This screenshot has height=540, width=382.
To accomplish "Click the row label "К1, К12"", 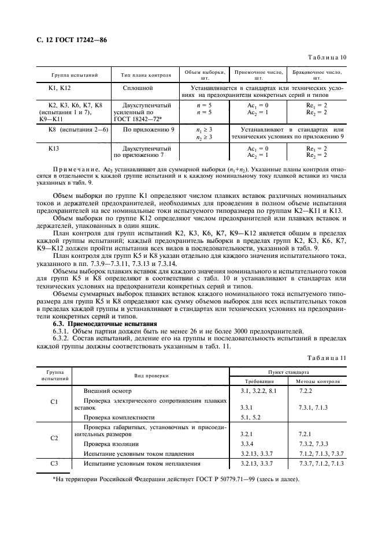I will click(x=60, y=88).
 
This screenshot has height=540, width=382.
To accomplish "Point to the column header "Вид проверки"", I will click(x=136, y=376).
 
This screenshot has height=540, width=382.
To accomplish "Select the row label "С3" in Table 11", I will click(x=54, y=463).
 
